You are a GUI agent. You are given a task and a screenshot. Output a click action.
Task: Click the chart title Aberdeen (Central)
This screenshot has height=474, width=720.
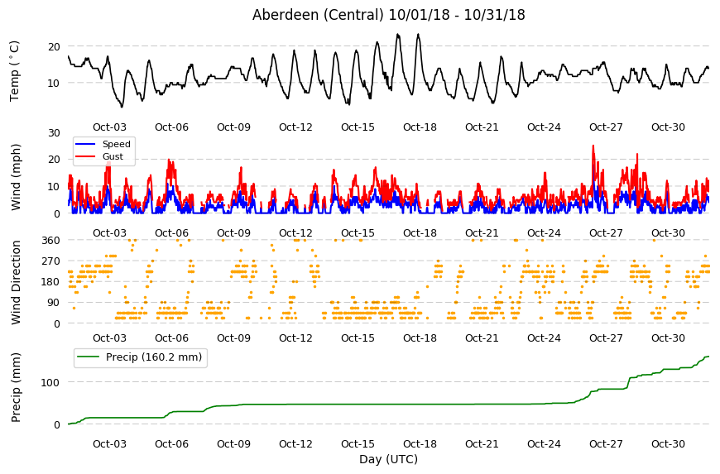318,15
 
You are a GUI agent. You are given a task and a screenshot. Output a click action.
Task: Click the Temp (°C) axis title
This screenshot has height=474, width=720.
15,71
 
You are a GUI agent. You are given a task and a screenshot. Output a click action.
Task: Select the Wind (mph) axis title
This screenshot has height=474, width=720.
16,177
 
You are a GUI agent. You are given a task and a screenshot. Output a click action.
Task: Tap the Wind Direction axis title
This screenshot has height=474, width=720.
16,282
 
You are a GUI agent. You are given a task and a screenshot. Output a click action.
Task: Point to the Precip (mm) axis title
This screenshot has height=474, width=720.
16,387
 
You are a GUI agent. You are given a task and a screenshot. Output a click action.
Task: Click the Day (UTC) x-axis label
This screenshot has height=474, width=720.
388,459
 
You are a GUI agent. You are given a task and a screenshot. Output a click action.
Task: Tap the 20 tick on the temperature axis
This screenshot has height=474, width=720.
54,46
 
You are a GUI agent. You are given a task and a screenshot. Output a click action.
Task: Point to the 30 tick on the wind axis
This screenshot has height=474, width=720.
54,132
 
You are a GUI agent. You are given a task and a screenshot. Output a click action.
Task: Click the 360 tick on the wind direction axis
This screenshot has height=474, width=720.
50,240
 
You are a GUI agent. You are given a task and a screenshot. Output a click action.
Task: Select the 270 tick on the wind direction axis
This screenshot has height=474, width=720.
50,261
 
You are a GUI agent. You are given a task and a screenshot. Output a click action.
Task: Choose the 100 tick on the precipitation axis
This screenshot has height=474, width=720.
50,382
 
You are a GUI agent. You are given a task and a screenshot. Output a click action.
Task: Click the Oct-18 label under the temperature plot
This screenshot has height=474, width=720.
420,127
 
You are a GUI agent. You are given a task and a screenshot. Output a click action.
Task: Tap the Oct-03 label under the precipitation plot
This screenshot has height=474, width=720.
109,443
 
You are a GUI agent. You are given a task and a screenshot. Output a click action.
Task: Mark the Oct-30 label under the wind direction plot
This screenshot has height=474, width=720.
668,338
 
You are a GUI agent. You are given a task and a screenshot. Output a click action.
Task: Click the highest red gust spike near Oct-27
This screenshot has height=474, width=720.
593,146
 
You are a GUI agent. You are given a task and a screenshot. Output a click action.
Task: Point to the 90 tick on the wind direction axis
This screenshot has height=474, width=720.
54,303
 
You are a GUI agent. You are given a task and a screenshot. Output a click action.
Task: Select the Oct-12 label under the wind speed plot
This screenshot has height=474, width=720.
295,232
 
